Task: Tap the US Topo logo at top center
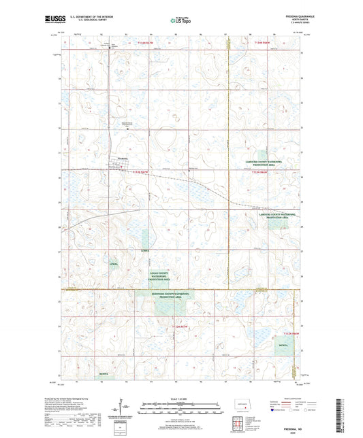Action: [x=180, y=21]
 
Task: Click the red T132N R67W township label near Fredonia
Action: [x=142, y=173]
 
